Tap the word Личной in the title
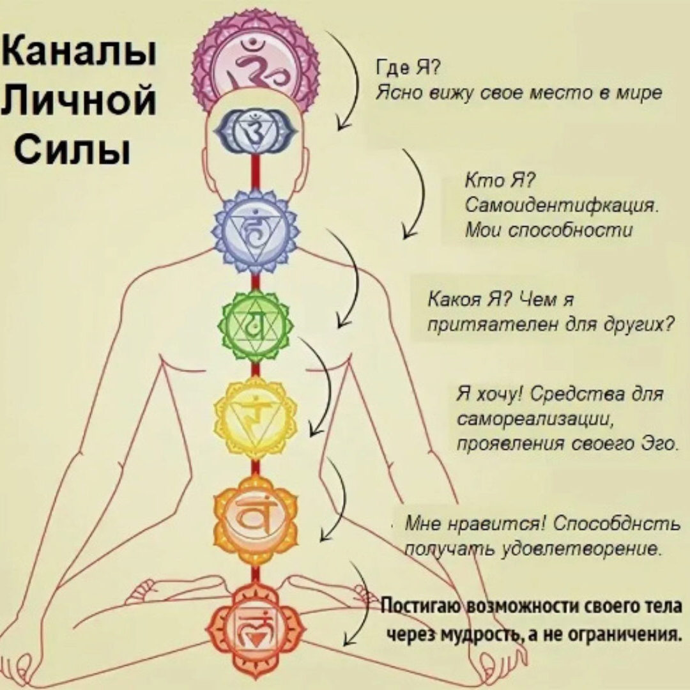point(80,101)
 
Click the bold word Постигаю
point(422,606)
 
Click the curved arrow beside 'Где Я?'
point(350,83)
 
